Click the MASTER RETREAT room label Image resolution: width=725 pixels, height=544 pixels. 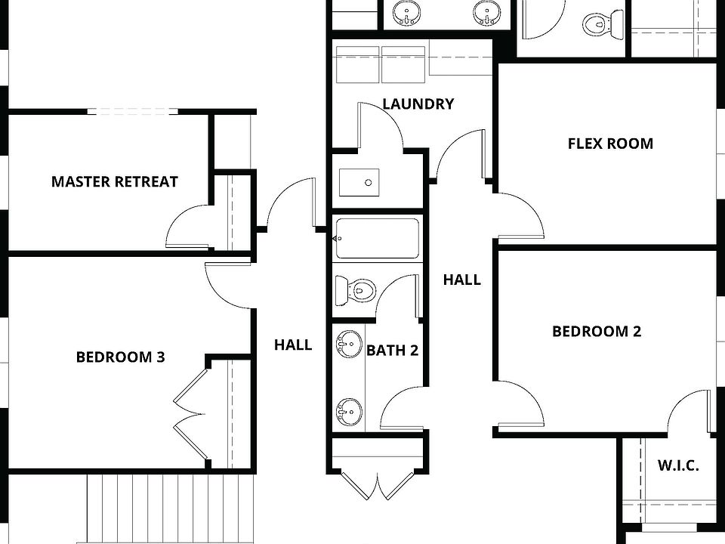[x=115, y=181]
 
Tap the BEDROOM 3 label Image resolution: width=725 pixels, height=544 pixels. [x=120, y=357]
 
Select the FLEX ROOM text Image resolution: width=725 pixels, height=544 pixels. [x=610, y=144]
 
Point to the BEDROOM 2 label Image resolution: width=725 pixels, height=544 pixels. [x=597, y=331]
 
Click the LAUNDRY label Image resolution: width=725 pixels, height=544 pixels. [x=418, y=104]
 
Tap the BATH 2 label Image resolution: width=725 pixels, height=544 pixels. [x=392, y=350]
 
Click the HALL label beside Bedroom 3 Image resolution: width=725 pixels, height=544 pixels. [x=293, y=345]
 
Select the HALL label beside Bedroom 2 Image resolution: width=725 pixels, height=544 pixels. [x=461, y=280]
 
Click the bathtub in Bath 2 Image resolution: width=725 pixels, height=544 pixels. [x=376, y=240]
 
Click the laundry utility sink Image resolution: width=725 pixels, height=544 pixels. [x=359, y=183]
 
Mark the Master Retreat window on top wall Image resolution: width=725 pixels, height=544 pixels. [x=133, y=112]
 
